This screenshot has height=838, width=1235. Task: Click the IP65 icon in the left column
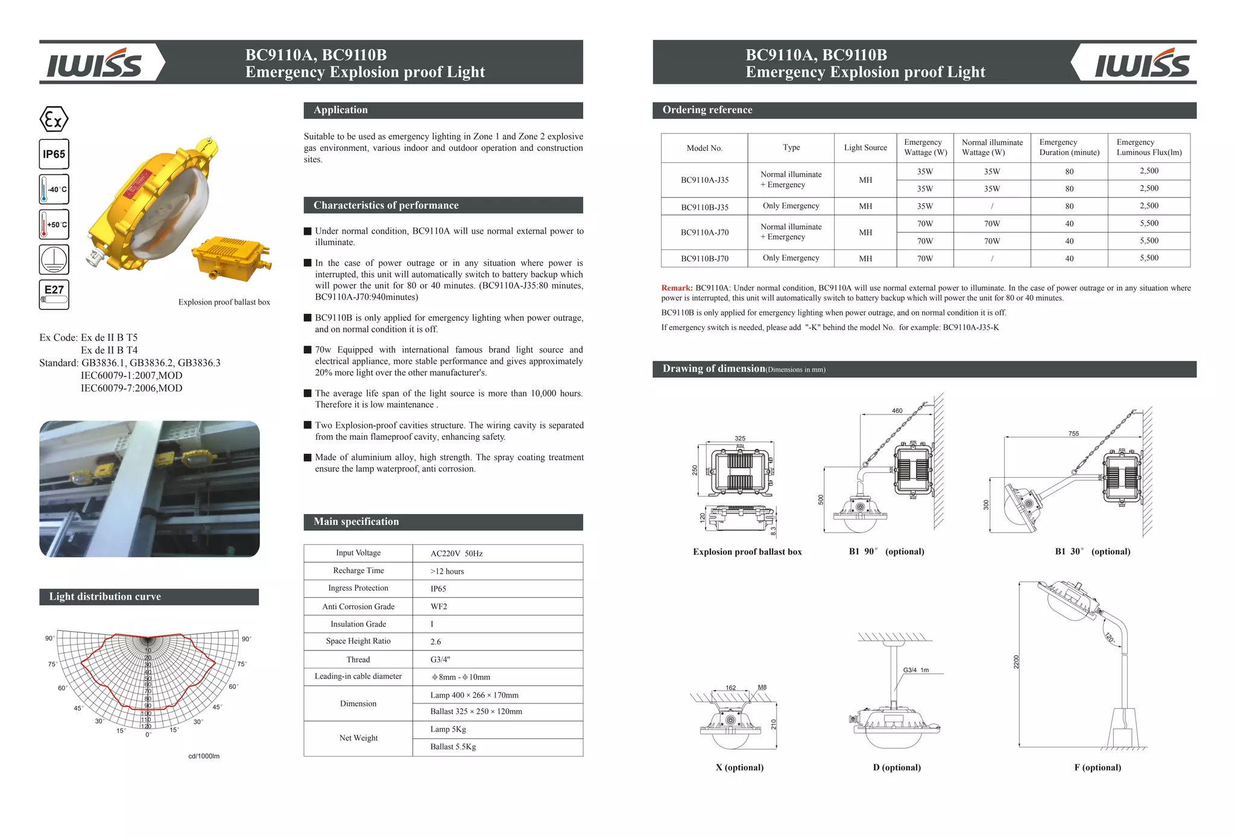pos(54,154)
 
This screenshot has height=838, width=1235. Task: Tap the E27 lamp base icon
pos(54,294)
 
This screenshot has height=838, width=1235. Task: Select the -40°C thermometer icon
pos(54,189)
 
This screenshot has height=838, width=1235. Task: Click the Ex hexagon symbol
pos(54,119)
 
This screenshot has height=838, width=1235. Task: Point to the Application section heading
pos(341,110)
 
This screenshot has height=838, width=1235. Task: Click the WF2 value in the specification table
pos(438,606)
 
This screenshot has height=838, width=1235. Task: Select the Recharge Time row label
pos(358,571)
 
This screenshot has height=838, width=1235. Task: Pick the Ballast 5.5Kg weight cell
pos(453,747)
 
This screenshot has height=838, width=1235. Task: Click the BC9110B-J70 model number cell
pos(704,259)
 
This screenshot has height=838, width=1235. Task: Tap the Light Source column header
pos(865,148)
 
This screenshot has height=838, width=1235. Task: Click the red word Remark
pos(677,288)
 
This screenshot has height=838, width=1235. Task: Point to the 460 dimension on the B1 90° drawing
pos(897,411)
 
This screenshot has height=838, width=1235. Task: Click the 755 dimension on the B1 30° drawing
pos(1073,434)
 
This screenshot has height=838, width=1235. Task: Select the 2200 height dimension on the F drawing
pos(1016,662)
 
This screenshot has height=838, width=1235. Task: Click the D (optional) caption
pos(897,767)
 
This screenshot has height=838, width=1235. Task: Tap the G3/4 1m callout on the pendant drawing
pos(915,670)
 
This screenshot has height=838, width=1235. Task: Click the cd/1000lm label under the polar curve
pos(204,756)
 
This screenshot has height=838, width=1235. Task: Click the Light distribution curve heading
pos(105,597)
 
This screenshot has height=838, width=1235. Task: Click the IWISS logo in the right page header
pos(1142,63)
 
